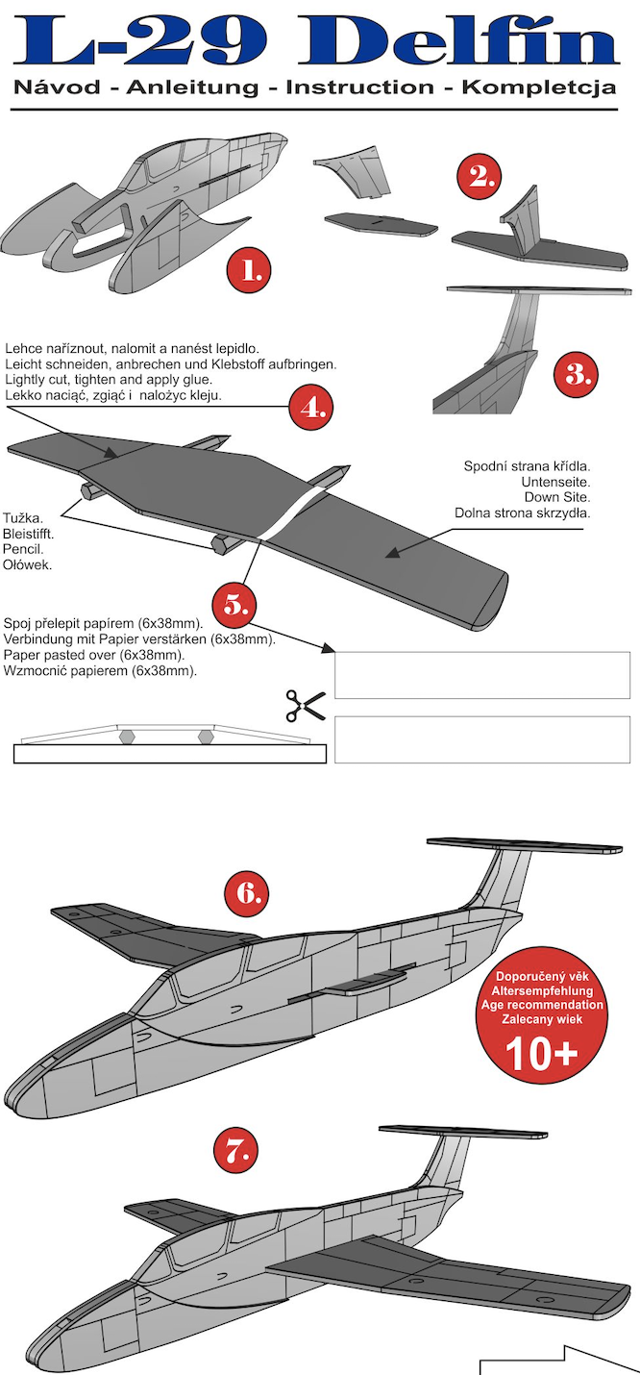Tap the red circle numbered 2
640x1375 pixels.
click(479, 176)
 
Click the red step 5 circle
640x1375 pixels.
click(235, 604)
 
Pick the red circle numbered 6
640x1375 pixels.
click(247, 893)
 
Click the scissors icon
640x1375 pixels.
click(305, 706)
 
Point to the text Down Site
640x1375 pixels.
click(556, 497)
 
